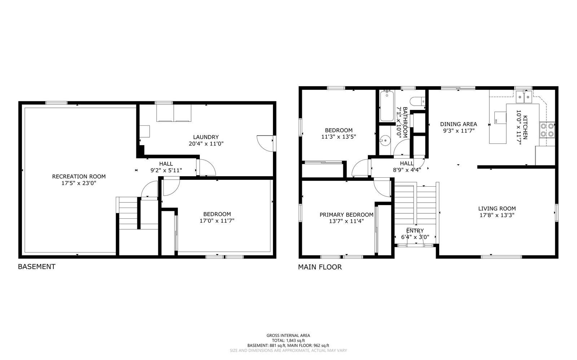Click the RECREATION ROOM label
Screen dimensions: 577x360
79,177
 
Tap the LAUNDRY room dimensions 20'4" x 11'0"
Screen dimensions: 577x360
206,143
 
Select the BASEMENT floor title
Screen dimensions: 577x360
36,267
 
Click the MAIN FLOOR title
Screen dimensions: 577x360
320,267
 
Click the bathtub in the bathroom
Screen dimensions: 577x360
387,106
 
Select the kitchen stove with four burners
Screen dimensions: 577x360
547,130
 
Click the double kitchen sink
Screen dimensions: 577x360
524,97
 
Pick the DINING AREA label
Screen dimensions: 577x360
458,124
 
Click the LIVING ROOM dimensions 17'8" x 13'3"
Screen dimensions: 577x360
497,215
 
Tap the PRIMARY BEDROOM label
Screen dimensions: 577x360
347,215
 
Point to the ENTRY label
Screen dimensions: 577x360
415,231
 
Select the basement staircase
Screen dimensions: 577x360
128,213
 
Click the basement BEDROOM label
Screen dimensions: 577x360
217,214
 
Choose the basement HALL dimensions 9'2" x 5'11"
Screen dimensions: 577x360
166,170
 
